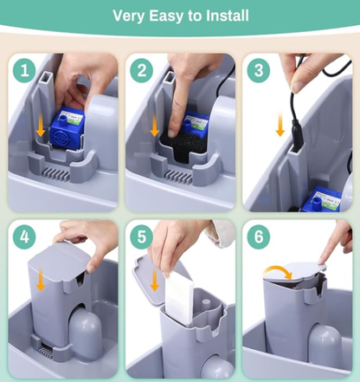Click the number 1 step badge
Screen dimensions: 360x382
click(x=24, y=71)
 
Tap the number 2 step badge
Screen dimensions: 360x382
click(x=141, y=71)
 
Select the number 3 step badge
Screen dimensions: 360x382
click(x=259, y=71)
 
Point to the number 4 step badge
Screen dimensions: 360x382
click(x=24, y=237)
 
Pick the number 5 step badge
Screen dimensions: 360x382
click(x=141, y=237)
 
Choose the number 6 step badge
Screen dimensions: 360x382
click(x=259, y=237)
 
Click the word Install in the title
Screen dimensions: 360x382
click(x=228, y=16)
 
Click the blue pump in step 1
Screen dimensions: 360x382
click(x=67, y=128)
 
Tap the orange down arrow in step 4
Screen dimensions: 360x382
click(x=41, y=280)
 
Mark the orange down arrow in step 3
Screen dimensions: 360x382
click(x=280, y=125)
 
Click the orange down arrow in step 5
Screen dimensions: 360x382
click(x=155, y=280)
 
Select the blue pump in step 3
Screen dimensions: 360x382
click(x=321, y=199)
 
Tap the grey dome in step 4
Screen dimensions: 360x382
click(x=86, y=333)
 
